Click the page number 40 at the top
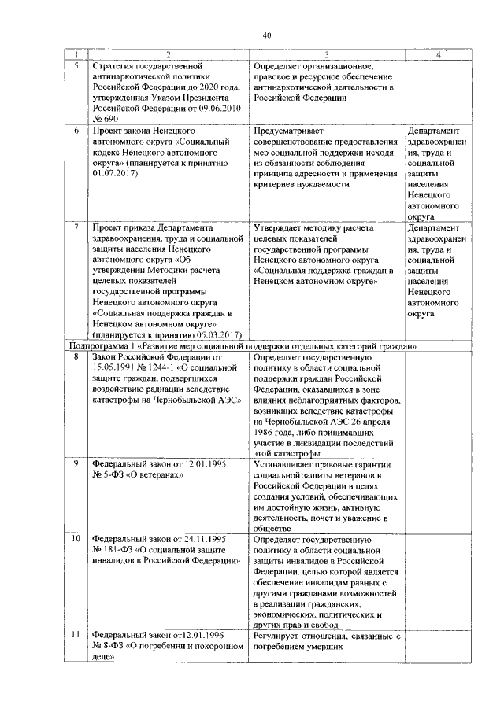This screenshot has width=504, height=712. pyautogui.click(x=267, y=35)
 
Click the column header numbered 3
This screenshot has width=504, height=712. pyautogui.click(x=324, y=54)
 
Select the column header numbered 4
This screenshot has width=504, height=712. pyautogui.click(x=438, y=54)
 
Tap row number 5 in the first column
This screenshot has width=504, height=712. pyautogui.click(x=76, y=66)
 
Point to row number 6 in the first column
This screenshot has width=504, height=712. pyautogui.click(x=76, y=130)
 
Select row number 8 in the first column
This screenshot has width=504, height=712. pyautogui.click(x=76, y=357)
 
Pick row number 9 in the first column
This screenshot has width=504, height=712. pyautogui.click(x=76, y=463)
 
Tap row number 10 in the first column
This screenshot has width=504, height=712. pyautogui.click(x=76, y=540)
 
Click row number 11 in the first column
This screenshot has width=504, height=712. pyautogui.click(x=76, y=634)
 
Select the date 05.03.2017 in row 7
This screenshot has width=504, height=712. pyautogui.click(x=207, y=334)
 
